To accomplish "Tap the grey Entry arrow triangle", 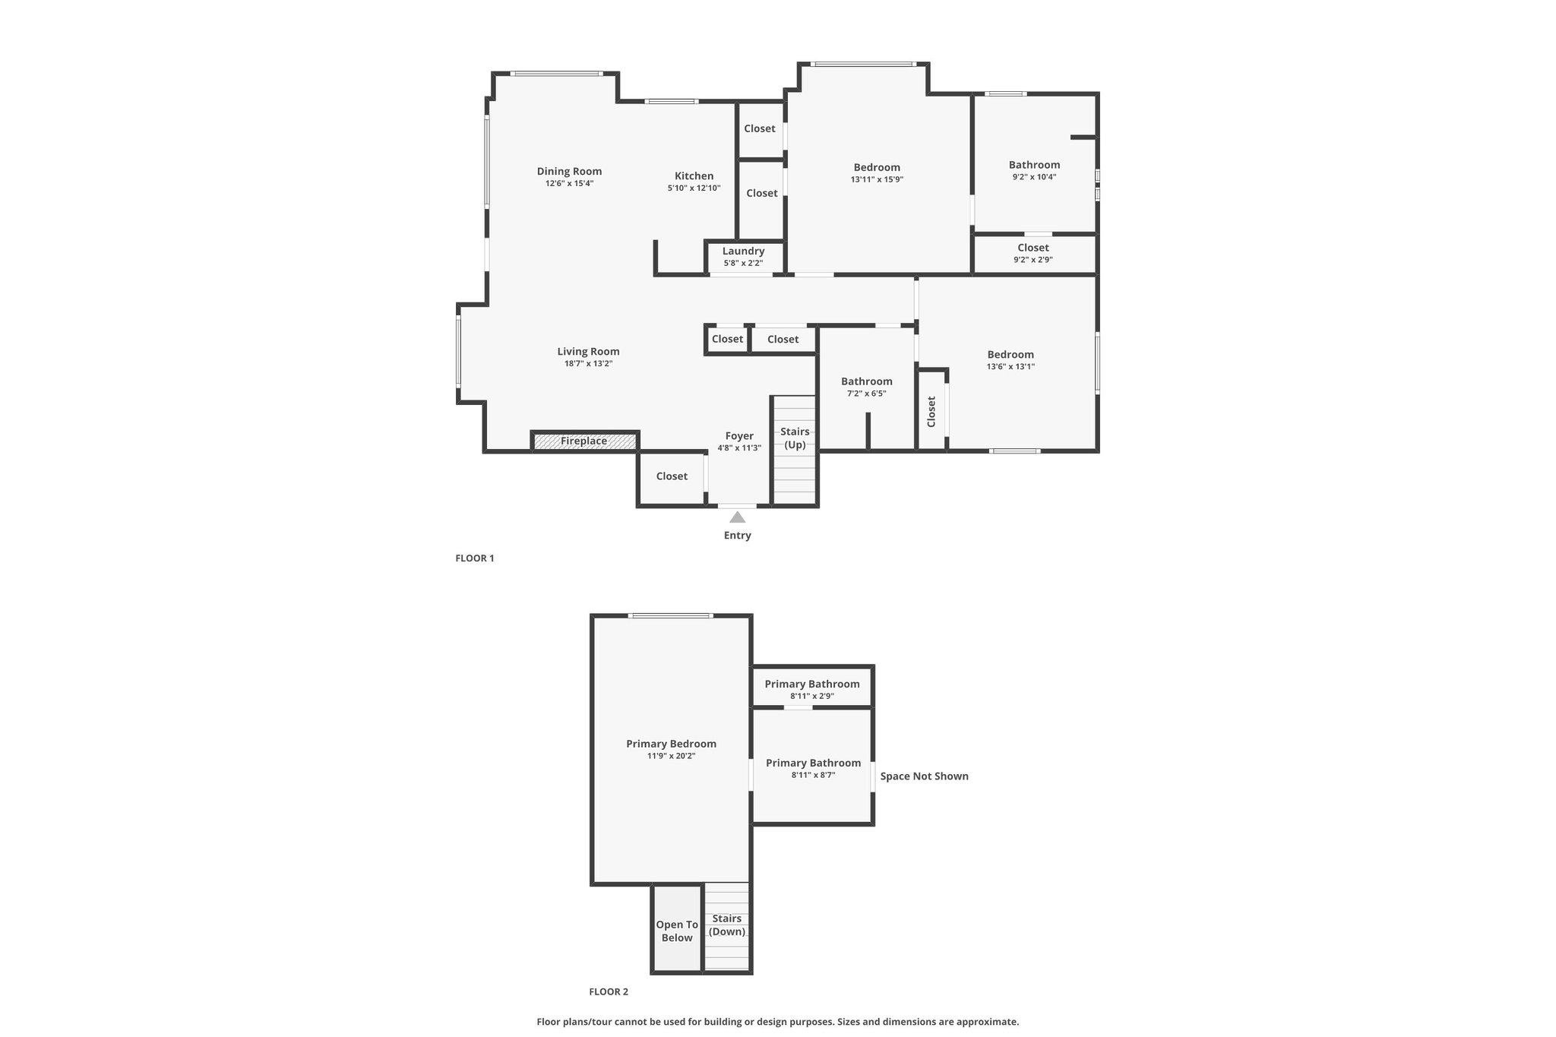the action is click(x=737, y=517).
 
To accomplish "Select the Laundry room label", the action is click(x=743, y=251).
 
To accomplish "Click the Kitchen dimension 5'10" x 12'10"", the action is click(x=694, y=188).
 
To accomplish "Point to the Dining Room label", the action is click(x=569, y=171).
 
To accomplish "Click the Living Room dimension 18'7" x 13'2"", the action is click(x=588, y=364).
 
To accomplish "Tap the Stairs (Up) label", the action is click(x=795, y=438).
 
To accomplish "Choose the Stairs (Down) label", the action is click(x=727, y=925).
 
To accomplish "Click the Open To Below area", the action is click(x=677, y=929).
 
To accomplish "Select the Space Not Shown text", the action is click(x=924, y=776).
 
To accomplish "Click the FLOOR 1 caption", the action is click(x=475, y=558).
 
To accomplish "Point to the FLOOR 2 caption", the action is click(x=609, y=991).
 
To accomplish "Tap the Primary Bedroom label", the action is click(x=671, y=744).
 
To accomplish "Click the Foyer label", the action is click(x=739, y=436).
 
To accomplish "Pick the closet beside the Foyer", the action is click(x=672, y=476).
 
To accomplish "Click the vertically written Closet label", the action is click(x=931, y=412).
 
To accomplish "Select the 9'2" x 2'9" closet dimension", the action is click(x=1033, y=260).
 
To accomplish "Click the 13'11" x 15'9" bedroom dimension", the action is click(x=877, y=180).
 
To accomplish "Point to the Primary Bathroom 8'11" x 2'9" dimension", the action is click(x=812, y=696).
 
